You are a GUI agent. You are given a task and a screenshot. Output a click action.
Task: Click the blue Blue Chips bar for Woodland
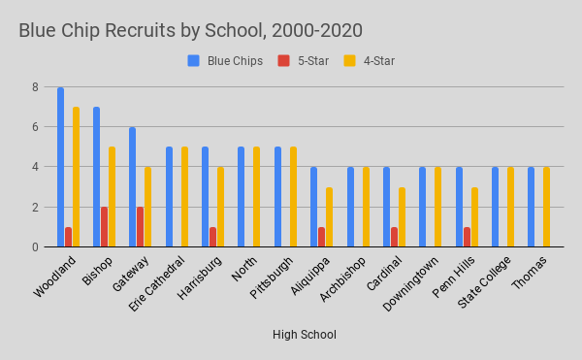click(x=60, y=167)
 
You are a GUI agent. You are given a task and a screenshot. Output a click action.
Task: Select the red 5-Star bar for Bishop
click(x=105, y=227)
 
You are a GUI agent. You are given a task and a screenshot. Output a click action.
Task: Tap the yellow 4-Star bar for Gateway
click(x=148, y=207)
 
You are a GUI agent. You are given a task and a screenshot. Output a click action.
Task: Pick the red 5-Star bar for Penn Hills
click(x=467, y=237)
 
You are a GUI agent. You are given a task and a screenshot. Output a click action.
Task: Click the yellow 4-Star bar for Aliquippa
click(x=330, y=217)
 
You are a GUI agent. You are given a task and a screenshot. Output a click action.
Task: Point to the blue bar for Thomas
click(x=532, y=207)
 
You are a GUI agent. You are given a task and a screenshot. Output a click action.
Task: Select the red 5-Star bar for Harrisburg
click(x=212, y=237)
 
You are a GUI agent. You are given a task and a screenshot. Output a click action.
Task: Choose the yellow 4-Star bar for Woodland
click(x=76, y=177)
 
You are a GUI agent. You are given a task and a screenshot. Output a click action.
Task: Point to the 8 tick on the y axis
click(x=34, y=87)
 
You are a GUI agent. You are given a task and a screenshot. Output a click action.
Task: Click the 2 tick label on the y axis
click(x=34, y=207)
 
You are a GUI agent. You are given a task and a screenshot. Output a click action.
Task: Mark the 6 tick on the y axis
click(x=34, y=127)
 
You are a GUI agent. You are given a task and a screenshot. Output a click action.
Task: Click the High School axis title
click(x=304, y=335)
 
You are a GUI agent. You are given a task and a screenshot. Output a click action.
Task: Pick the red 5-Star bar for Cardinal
click(x=394, y=237)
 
